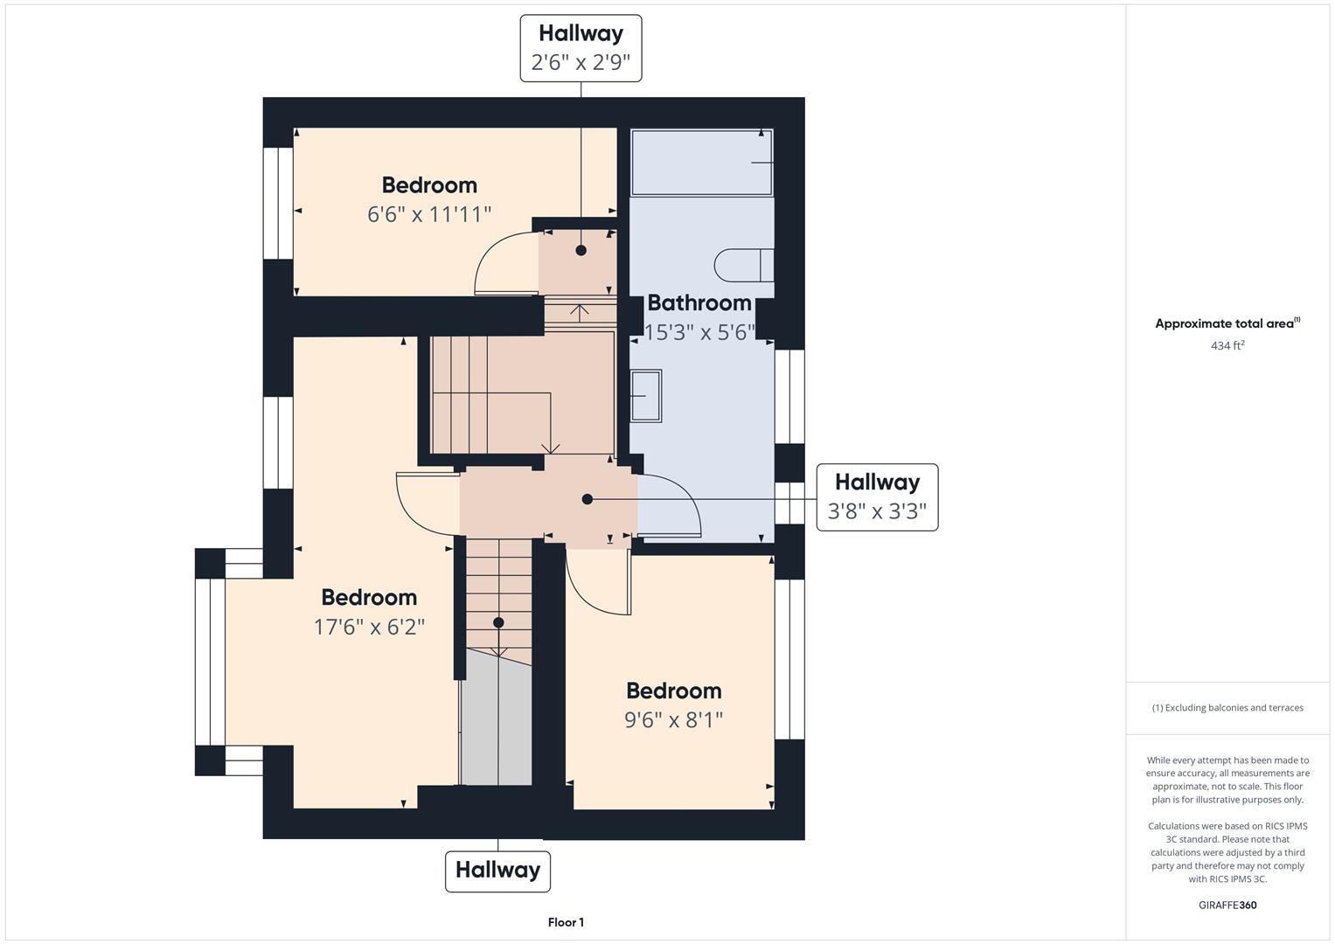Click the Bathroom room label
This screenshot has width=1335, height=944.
[x=699, y=303]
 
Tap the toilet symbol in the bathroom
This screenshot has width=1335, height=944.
[x=742, y=266]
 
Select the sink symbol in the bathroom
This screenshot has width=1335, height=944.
[x=646, y=396]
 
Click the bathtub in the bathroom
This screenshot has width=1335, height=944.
[x=702, y=163]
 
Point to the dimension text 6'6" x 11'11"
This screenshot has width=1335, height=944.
[x=429, y=214]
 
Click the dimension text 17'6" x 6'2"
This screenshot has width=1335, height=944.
[x=369, y=627]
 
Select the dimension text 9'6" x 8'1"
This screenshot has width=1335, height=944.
[x=673, y=720]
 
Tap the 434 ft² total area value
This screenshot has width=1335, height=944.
[x=1227, y=345]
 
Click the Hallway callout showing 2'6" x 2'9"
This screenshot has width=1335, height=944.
[x=581, y=48]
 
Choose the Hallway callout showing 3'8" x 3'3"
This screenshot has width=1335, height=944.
[x=877, y=496]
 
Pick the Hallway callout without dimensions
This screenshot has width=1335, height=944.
[x=497, y=871]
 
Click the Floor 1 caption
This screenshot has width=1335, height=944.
[x=566, y=922]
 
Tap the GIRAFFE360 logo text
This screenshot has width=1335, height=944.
[x=1227, y=905]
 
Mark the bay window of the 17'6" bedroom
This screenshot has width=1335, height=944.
[x=210, y=662]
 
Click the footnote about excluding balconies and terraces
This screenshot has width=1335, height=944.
[x=1227, y=708]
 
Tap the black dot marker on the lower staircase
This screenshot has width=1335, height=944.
[x=498, y=623]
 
